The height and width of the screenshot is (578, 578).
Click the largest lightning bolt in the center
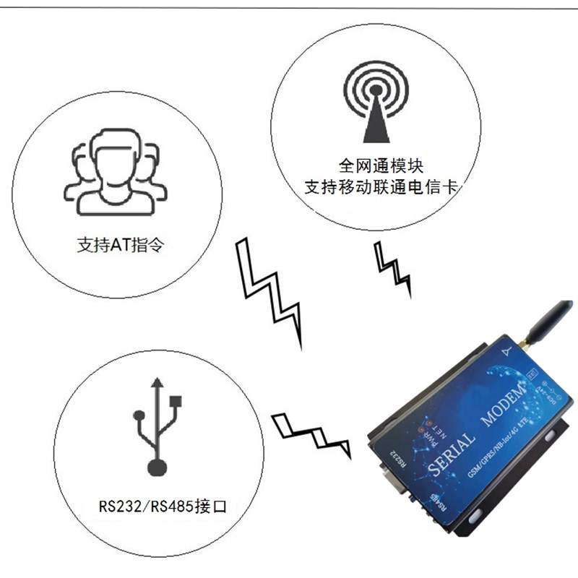pos(271,289)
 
